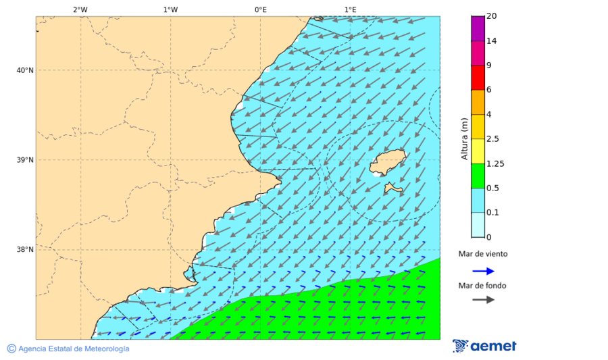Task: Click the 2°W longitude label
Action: coord(80,9)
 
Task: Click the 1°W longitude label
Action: coord(170,9)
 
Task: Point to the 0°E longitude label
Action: coord(260,9)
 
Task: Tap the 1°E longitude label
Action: coord(350,9)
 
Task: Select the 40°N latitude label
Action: coord(25,70)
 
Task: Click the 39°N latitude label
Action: coord(25,160)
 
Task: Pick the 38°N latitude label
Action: coord(25,250)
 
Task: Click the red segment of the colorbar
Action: coord(478,78)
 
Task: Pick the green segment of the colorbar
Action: coord(478,176)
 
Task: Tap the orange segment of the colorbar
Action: coord(478,102)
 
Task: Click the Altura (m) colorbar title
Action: coord(464,138)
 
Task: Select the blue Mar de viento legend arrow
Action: coord(483,271)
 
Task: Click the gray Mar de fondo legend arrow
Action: coord(483,300)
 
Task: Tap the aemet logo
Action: coord(484,346)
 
